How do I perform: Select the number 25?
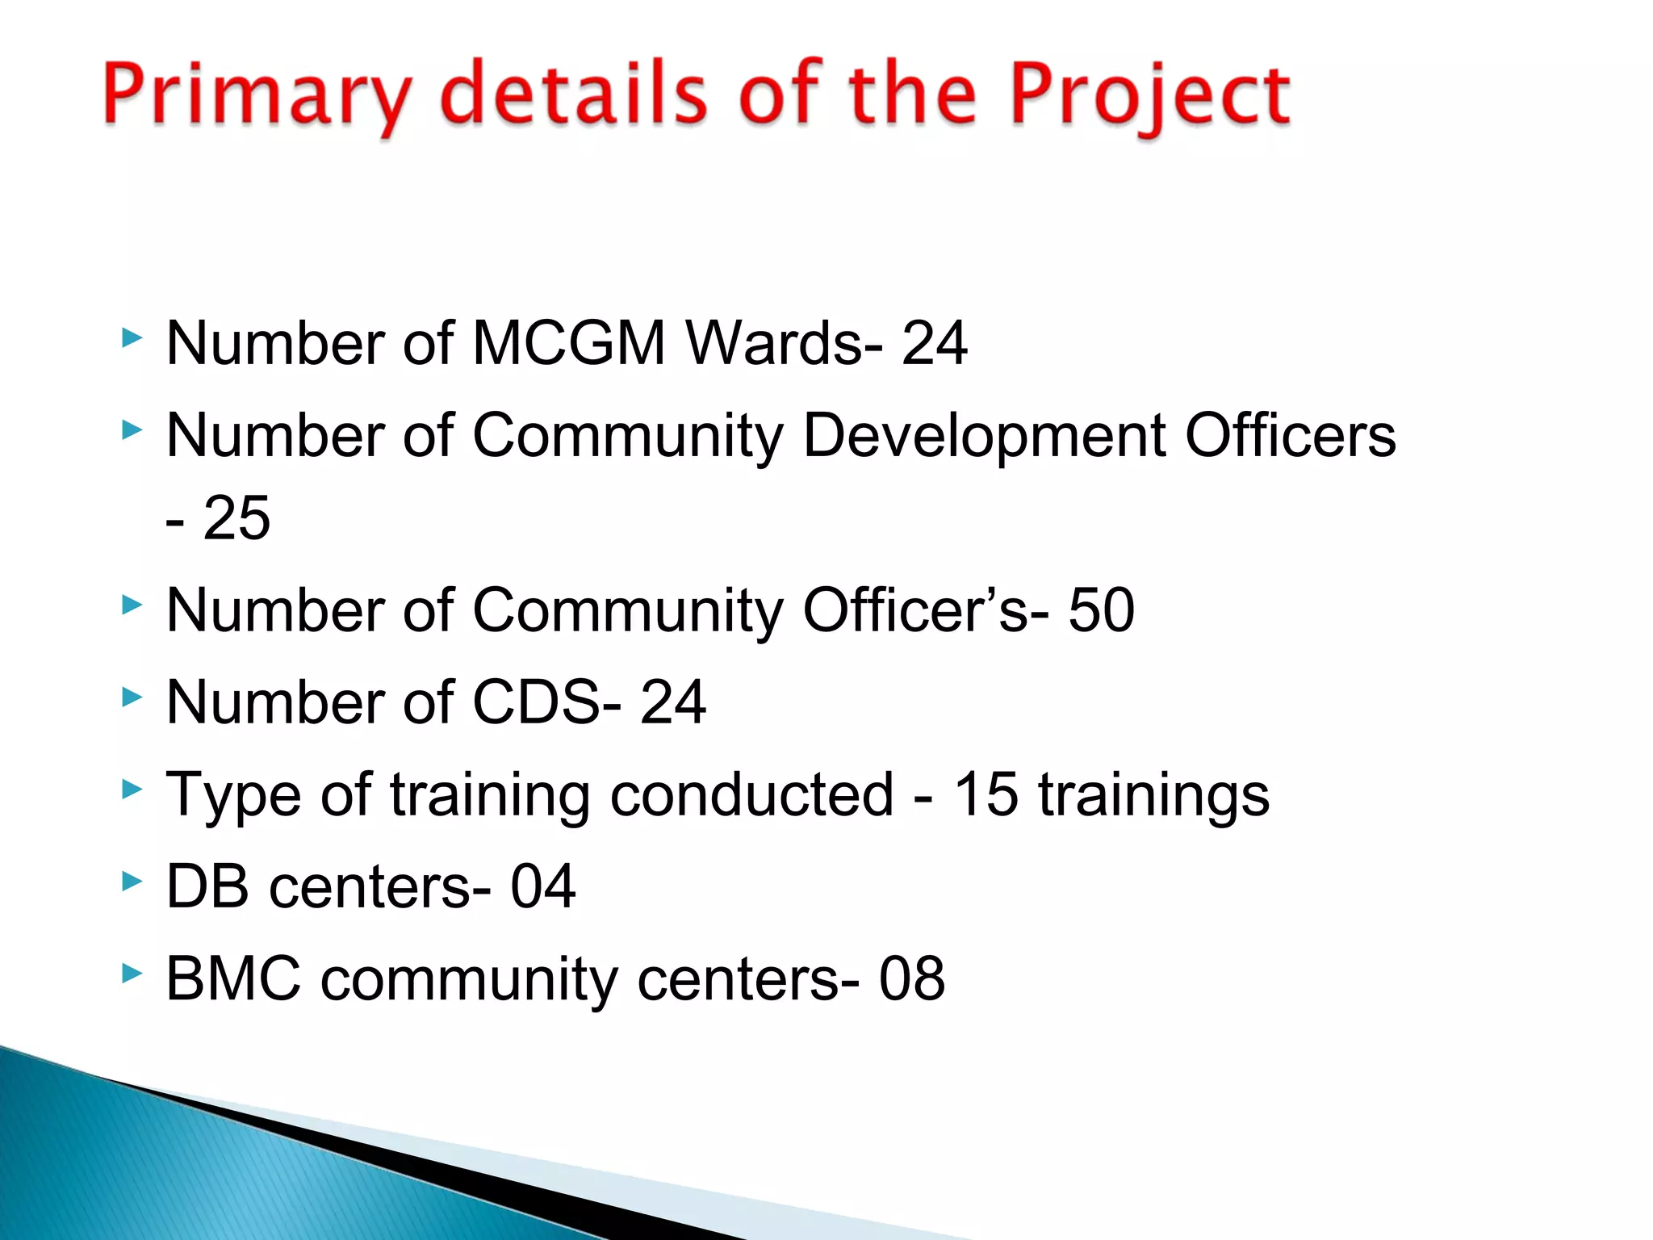pos(236,517)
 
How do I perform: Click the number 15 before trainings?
pos(986,794)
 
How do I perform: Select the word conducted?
pos(751,794)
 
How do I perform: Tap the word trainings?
pos(1153,796)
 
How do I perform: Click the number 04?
pos(542,886)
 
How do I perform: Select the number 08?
pos(911,978)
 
